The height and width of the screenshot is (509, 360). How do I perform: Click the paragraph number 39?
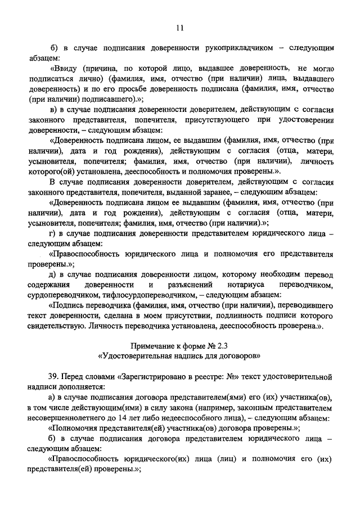(55, 375)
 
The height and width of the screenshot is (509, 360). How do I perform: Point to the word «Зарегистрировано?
(155, 375)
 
